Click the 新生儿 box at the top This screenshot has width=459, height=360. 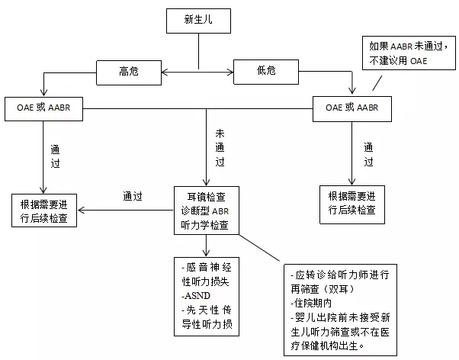click(x=198, y=21)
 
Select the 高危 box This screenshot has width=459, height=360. click(x=128, y=72)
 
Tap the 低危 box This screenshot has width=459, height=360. click(x=265, y=72)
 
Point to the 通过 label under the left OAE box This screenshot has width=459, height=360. click(x=55, y=156)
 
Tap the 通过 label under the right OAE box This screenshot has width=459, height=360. click(x=368, y=156)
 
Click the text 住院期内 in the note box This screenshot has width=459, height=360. click(x=310, y=302)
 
